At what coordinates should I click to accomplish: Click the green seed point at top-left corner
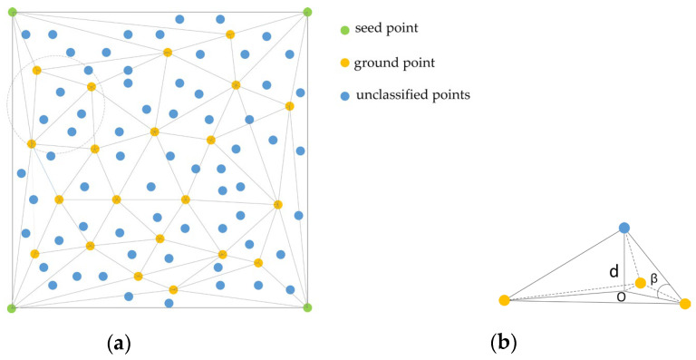point(12,12)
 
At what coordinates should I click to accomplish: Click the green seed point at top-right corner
point(307,12)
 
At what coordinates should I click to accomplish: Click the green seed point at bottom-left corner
point(12,308)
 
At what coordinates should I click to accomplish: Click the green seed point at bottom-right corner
point(307,308)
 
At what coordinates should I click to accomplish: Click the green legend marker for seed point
point(344,30)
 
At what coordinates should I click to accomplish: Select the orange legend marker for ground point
point(344,63)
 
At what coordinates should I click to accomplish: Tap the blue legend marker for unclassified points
point(344,95)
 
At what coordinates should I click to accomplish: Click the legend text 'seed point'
point(387,30)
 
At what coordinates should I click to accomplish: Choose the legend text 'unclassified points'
point(418,95)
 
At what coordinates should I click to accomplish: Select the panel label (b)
point(503,344)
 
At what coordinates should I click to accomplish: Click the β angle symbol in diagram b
point(653,277)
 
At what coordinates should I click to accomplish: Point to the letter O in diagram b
point(621,295)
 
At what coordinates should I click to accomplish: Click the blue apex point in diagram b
point(624,228)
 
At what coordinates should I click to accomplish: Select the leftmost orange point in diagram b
point(504,300)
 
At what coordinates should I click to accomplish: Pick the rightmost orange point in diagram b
point(685,304)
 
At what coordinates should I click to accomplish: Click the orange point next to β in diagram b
point(641,283)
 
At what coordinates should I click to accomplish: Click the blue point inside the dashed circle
point(61,92)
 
